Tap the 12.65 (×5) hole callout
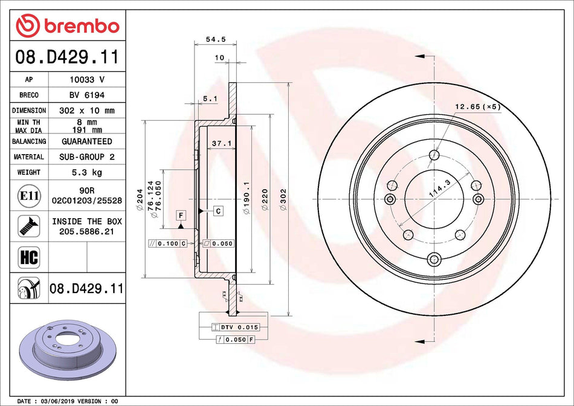click(477, 107)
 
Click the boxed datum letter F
click(181, 214)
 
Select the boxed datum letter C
click(218, 210)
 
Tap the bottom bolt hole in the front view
click(434, 260)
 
